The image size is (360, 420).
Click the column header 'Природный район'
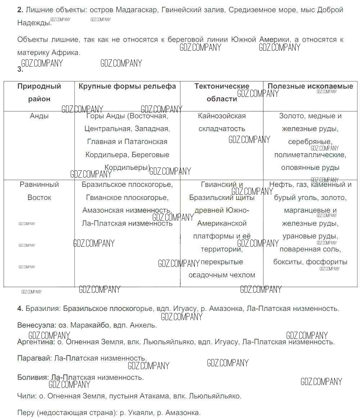[39, 93]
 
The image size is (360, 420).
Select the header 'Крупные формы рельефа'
[127, 86]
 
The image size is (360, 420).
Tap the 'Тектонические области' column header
[222, 93]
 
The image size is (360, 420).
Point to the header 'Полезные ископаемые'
[310, 86]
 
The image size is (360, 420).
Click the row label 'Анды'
[39, 116]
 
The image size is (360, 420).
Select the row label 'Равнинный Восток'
[39, 191]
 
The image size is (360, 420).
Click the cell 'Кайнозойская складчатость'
[222, 122]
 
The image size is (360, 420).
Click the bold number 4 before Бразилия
[20, 309]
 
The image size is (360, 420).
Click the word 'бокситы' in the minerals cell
[288, 262]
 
